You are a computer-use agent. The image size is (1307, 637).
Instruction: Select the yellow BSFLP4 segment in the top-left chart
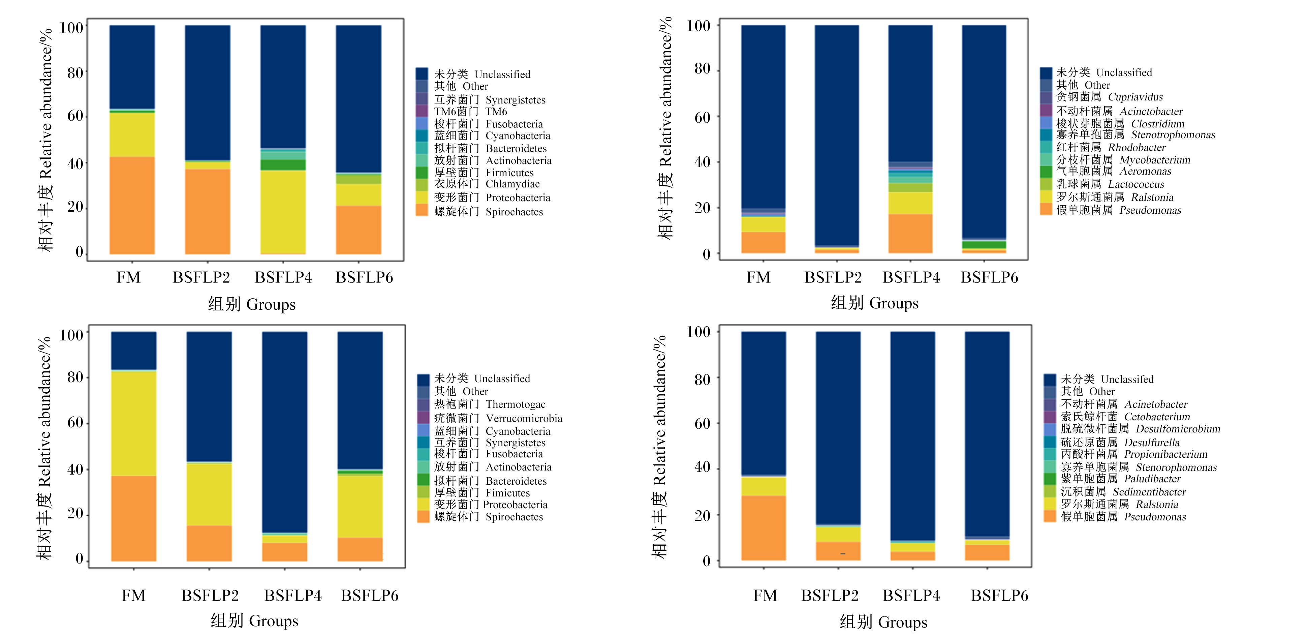pos(283,212)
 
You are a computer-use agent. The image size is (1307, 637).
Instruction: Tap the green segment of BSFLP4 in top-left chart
pos(283,165)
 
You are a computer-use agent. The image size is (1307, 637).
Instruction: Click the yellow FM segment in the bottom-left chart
pos(133,423)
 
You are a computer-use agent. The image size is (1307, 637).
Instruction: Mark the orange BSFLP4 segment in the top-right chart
pos(910,234)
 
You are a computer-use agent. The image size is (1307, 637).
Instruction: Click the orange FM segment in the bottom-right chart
pos(764,528)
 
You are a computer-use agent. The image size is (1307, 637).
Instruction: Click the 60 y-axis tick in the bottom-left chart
pos(75,422)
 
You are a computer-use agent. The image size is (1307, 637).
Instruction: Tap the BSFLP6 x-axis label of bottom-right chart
pos(999,596)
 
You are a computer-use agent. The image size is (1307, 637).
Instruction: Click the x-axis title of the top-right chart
pos(875,303)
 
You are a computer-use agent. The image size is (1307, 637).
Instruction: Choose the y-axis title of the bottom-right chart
pos(659,447)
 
